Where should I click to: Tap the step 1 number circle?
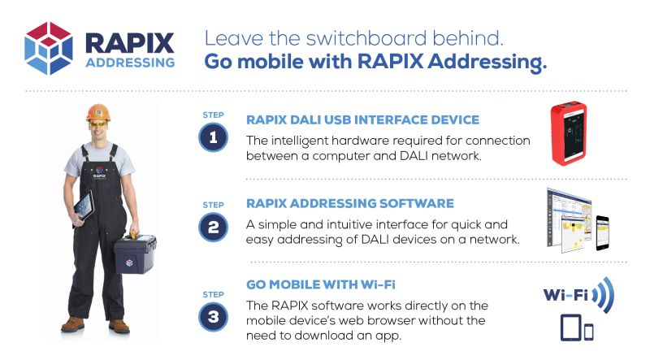click(213, 138)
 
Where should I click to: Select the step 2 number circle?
click(213, 227)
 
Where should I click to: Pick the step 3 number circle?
click(213, 317)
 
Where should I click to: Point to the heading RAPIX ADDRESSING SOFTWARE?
click(350, 202)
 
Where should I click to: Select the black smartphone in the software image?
click(602, 233)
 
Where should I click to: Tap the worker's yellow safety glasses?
click(97, 124)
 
